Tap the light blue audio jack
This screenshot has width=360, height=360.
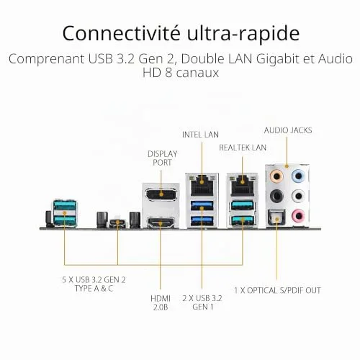pyautogui.click(x=298, y=176)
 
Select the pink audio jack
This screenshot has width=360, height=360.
pyautogui.click(x=298, y=215)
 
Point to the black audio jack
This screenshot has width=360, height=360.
pyautogui.click(x=276, y=196)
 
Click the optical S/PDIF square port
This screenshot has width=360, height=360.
pyautogui.click(x=276, y=217)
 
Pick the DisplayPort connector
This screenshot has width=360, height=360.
pyautogui.click(x=161, y=194)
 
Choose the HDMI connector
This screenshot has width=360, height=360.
pyautogui.click(x=161, y=222)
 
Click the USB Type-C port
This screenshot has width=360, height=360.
pyautogui.click(x=117, y=223)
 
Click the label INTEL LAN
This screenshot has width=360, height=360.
pyautogui.click(x=200, y=135)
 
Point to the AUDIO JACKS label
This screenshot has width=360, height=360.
pyautogui.click(x=288, y=130)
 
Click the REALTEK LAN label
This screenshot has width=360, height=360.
pyautogui.click(x=243, y=148)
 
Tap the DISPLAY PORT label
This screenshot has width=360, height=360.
pyautogui.click(x=163, y=158)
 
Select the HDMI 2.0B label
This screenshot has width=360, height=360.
pyautogui.click(x=161, y=302)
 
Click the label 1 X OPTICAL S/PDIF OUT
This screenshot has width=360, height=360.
pyautogui.click(x=277, y=290)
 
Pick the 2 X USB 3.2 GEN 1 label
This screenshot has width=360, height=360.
pyautogui.click(x=202, y=302)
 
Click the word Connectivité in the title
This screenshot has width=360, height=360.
pyautogui.click(x=122, y=33)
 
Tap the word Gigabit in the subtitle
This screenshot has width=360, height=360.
pyautogui.click(x=278, y=59)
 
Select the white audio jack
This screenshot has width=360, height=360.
pyautogui.click(x=298, y=196)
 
